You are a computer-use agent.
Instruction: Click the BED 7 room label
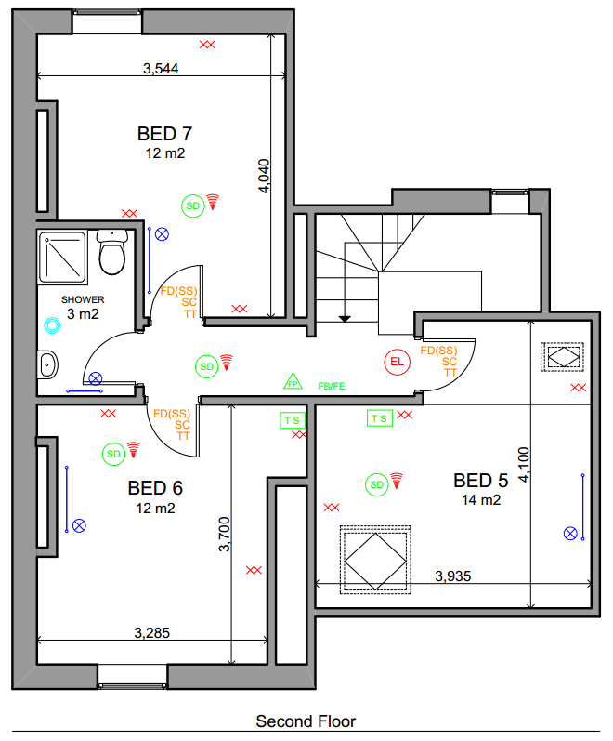click(164, 134)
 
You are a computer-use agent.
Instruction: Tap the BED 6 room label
click(155, 488)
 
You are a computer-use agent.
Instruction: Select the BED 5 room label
click(481, 481)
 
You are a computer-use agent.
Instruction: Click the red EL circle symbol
click(398, 362)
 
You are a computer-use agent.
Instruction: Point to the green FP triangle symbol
click(293, 381)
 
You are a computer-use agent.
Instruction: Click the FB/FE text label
click(332, 386)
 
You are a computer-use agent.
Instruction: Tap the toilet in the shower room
click(112, 252)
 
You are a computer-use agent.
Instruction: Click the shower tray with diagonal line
click(62, 257)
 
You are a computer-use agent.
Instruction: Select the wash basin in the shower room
click(47, 364)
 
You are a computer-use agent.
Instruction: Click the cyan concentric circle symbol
click(52, 325)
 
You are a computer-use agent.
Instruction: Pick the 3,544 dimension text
click(161, 69)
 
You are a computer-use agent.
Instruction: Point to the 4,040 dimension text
click(264, 176)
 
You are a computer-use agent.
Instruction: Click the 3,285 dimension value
click(152, 633)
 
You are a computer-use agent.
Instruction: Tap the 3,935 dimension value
click(453, 576)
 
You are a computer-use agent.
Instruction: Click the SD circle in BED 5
click(377, 485)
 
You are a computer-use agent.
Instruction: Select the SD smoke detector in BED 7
click(193, 206)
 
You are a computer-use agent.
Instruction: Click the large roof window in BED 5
click(375, 561)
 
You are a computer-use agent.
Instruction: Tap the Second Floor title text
click(306, 721)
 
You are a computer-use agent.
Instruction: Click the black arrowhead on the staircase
click(345, 319)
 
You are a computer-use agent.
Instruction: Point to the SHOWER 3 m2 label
click(83, 307)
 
